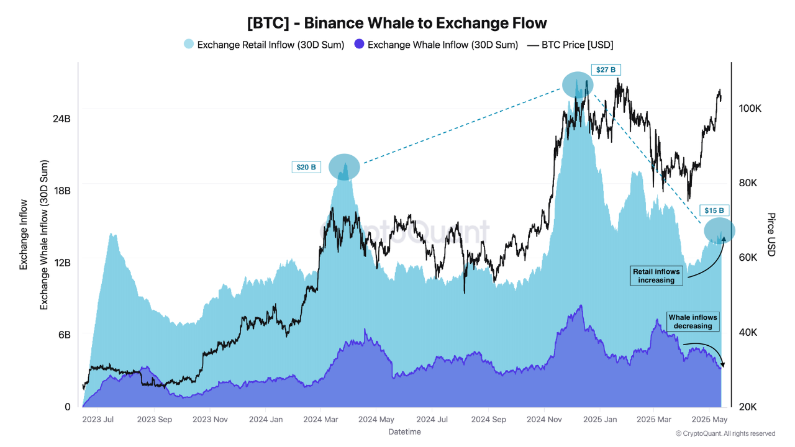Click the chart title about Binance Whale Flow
click(397, 23)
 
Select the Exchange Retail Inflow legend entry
click(264, 45)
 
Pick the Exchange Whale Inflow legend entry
click(436, 45)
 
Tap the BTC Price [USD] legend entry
click(570, 45)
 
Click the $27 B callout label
click(606, 70)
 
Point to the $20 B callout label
click(306, 167)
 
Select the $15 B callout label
click(714, 210)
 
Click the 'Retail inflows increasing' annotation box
click(656, 276)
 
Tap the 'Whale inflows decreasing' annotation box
click(693, 322)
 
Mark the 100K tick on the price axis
click(750, 108)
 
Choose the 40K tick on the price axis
click(748, 332)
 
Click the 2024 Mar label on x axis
click(320, 420)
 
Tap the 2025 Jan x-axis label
click(599, 420)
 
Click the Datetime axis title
click(404, 431)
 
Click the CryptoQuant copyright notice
click(725, 433)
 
